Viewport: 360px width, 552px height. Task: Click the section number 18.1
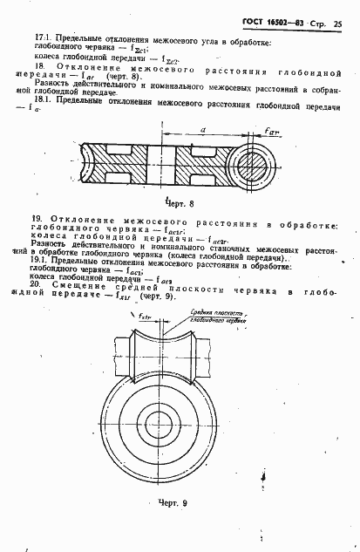41,102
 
